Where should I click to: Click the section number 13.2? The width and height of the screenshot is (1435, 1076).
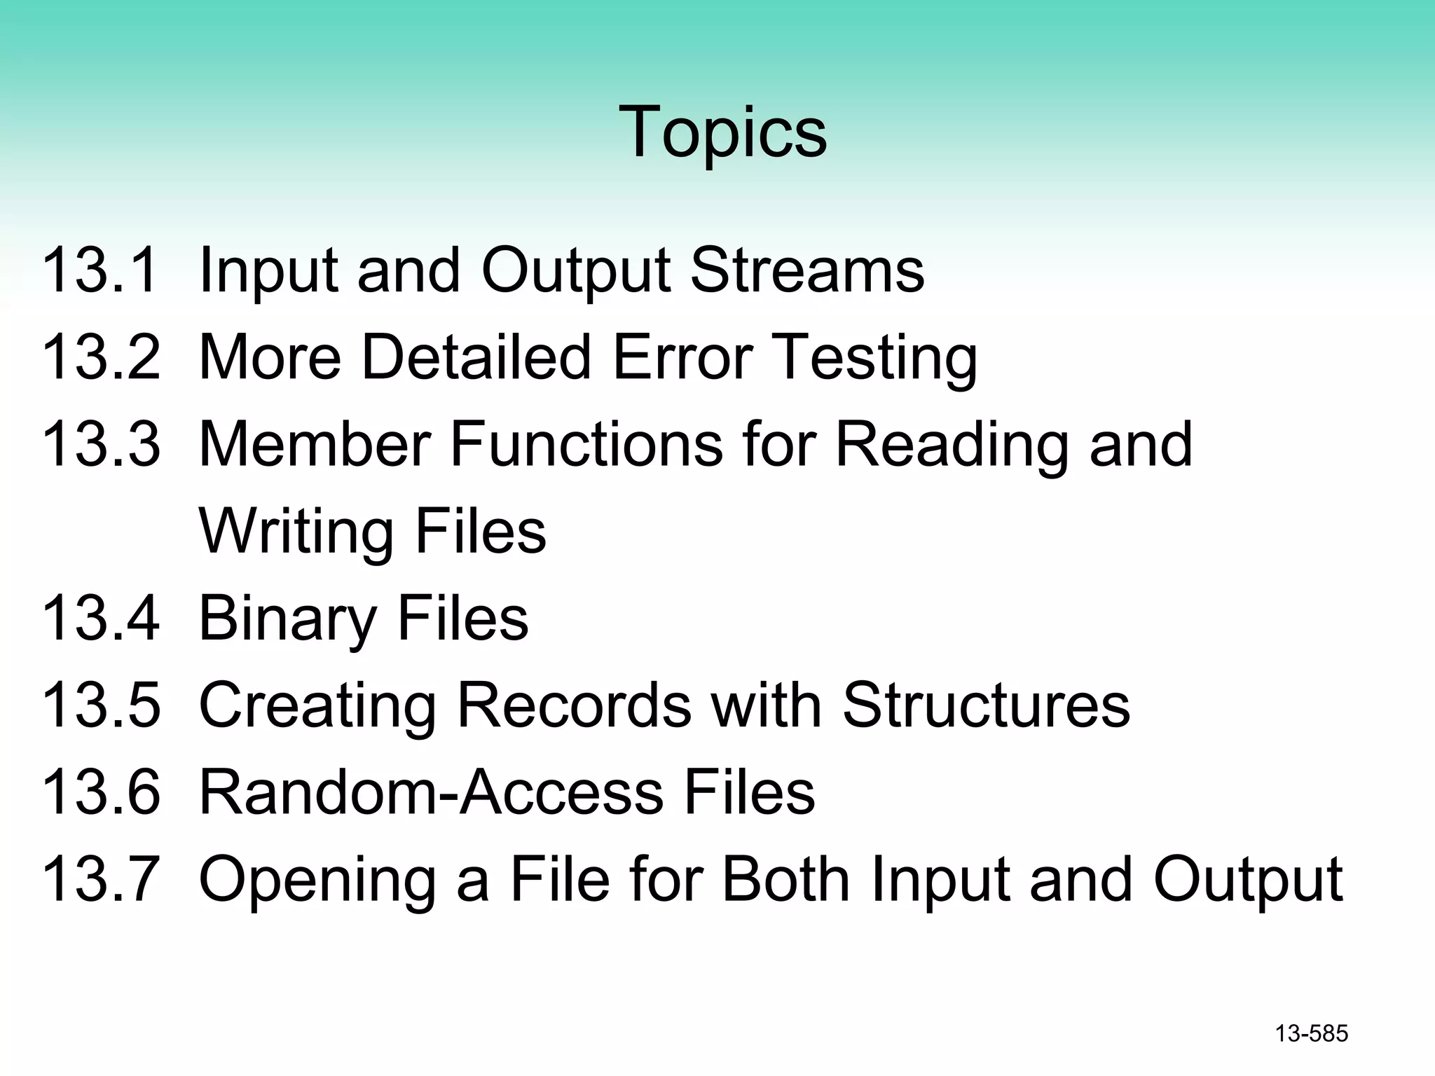101,357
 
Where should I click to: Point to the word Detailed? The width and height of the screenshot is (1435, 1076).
476,357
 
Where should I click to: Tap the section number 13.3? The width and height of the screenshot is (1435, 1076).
101,444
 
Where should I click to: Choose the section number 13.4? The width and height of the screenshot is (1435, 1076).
101,618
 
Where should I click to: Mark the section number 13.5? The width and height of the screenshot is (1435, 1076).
101,705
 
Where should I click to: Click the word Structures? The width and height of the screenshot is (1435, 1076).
986,705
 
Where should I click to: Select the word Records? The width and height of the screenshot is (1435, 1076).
574,705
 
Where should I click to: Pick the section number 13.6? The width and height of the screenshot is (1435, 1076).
101,792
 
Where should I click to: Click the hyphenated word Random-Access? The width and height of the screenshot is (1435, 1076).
432,792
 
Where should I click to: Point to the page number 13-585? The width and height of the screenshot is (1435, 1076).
1311,1034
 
